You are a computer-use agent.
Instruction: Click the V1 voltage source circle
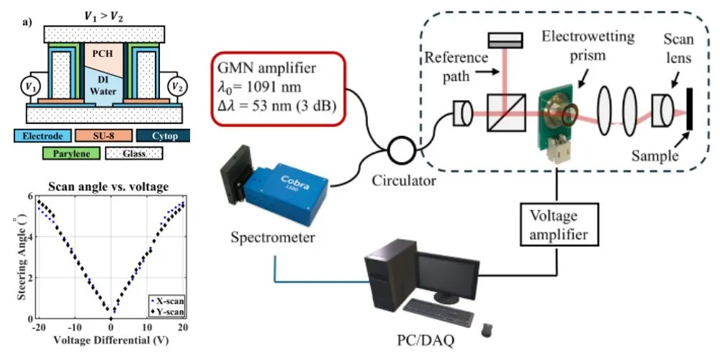click(29, 87)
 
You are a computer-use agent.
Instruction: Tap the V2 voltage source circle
click(174, 87)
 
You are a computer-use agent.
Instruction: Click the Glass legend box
click(134, 153)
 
